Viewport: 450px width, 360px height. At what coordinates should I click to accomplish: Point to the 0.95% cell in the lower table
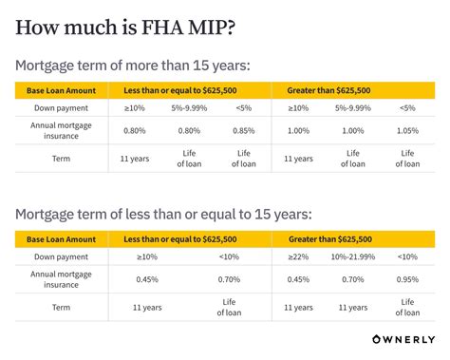[x=407, y=279]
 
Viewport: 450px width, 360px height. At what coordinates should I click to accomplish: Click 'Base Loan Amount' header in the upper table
[x=59, y=90]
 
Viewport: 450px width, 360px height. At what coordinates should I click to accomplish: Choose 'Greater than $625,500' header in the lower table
[x=328, y=238]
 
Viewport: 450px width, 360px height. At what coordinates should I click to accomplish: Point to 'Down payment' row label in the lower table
[x=59, y=256]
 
